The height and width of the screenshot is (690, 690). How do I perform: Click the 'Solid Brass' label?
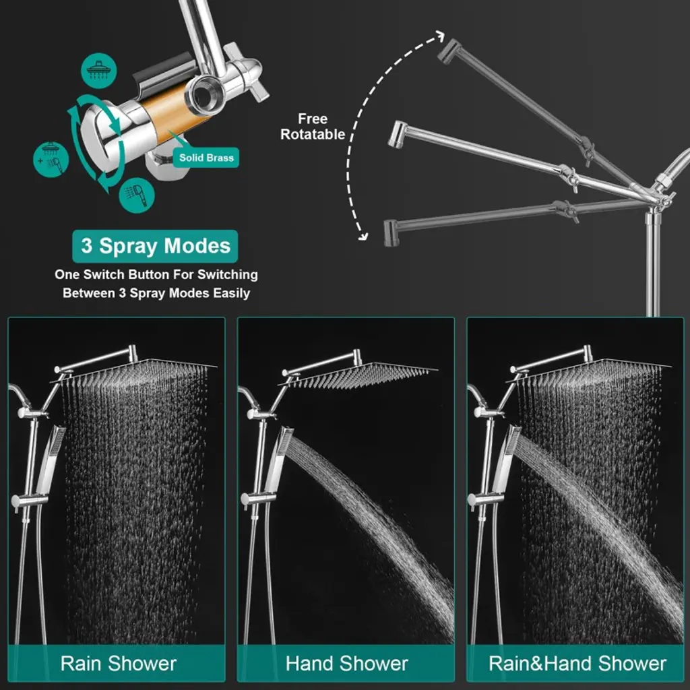point(206,158)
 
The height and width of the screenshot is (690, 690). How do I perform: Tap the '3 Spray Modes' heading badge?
point(156,246)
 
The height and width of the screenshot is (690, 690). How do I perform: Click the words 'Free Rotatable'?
point(313,126)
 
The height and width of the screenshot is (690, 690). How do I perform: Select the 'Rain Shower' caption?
point(119,663)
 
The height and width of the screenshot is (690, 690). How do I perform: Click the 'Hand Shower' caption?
point(347,663)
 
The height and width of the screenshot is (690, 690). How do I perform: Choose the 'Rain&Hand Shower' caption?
point(577,663)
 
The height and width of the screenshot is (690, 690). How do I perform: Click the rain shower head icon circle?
point(99,70)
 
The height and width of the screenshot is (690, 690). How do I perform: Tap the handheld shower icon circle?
point(137,195)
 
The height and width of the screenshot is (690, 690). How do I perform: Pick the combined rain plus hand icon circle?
point(51,159)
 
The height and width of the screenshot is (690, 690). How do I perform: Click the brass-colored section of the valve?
point(164,115)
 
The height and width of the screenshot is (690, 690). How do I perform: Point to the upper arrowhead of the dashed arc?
point(439,36)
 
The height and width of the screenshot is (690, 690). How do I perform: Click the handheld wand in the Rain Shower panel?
point(51,459)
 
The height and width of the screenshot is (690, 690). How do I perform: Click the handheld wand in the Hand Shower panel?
point(280,459)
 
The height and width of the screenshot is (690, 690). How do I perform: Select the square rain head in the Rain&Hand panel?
point(589,370)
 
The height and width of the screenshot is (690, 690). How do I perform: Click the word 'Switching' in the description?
point(228,275)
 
